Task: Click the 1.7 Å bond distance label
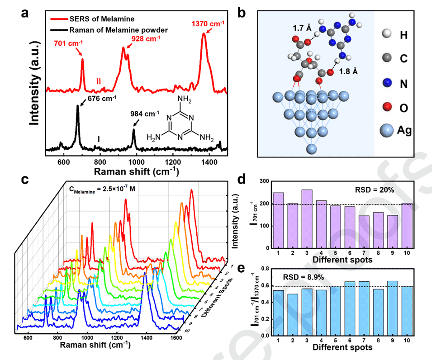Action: pyautogui.click(x=302, y=28)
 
